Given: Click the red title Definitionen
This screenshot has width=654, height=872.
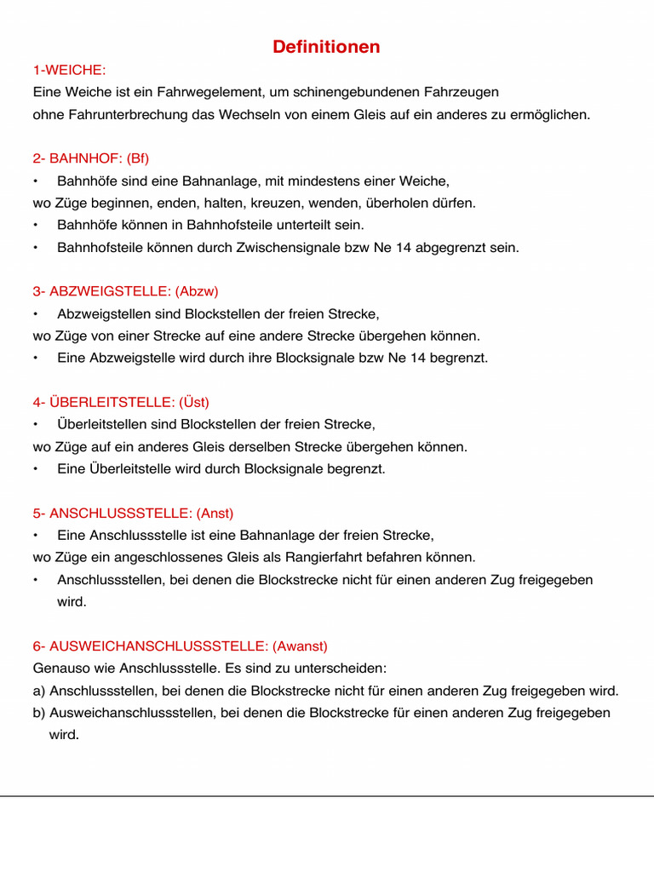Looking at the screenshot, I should [x=326, y=48].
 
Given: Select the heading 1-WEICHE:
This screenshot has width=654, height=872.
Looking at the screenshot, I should [x=69, y=70].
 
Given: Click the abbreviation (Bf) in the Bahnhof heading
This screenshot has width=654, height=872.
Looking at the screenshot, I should [x=137, y=158].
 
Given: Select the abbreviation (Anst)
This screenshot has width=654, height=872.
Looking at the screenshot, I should [x=215, y=513].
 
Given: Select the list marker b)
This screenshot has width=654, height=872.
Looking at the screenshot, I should [x=39, y=713].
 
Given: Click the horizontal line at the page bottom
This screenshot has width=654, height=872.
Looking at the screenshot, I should [x=327, y=797].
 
